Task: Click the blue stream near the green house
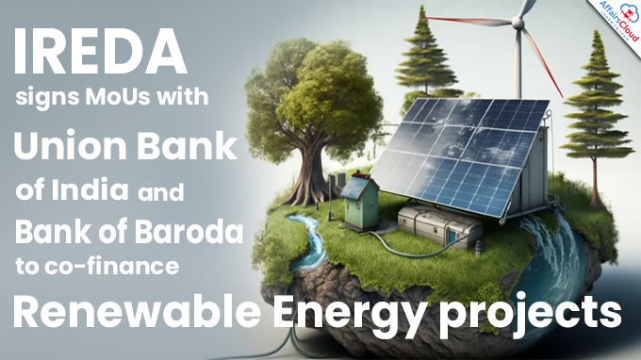[x=311, y=237]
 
